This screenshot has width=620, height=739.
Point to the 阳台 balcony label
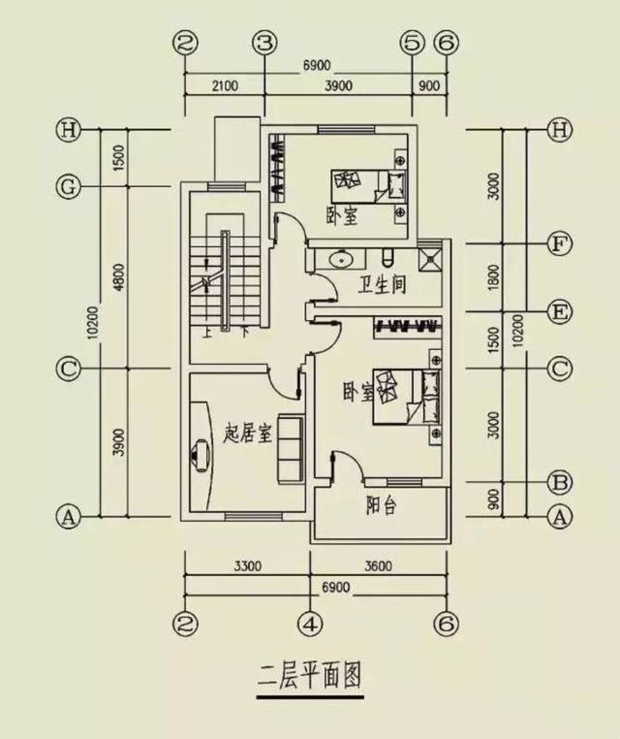coord(380,507)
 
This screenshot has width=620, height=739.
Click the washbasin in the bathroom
coord(340,259)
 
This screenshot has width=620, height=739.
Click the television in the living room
coord(201,452)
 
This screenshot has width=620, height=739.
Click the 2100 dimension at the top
coord(223,85)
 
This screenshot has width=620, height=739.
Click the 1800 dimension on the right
coord(493,276)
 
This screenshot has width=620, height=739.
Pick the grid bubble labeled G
coord(67,187)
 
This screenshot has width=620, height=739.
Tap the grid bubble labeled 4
coord(309,621)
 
